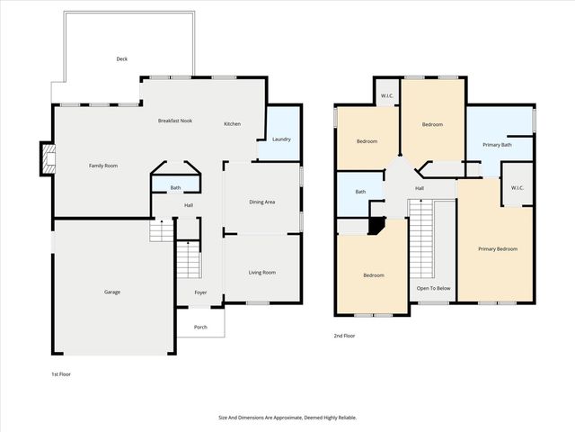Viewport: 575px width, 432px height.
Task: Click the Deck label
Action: (122, 58)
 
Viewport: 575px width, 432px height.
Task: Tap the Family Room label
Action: (103, 166)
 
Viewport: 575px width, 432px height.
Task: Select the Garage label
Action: (112, 292)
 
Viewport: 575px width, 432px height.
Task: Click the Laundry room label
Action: (281, 139)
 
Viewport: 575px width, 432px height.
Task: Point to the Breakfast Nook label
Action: (175, 121)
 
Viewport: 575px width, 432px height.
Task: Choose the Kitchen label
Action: (233, 123)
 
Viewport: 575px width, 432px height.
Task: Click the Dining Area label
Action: (262, 202)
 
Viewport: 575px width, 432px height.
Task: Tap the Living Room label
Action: (262, 272)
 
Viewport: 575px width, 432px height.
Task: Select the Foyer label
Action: (200, 292)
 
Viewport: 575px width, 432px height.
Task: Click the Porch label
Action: (200, 327)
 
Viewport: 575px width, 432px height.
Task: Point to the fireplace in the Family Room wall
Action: (46, 160)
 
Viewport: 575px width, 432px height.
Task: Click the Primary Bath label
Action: (497, 145)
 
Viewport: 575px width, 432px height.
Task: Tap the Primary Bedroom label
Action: (497, 248)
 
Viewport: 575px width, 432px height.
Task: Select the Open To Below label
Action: (434, 289)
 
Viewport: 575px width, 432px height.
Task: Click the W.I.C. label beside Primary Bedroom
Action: (517, 188)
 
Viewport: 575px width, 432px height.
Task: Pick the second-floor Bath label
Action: (360, 192)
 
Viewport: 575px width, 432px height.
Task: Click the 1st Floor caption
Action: (60, 373)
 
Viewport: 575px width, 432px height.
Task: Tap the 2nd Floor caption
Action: (345, 336)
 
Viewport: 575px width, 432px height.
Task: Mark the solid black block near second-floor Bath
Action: (376, 225)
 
